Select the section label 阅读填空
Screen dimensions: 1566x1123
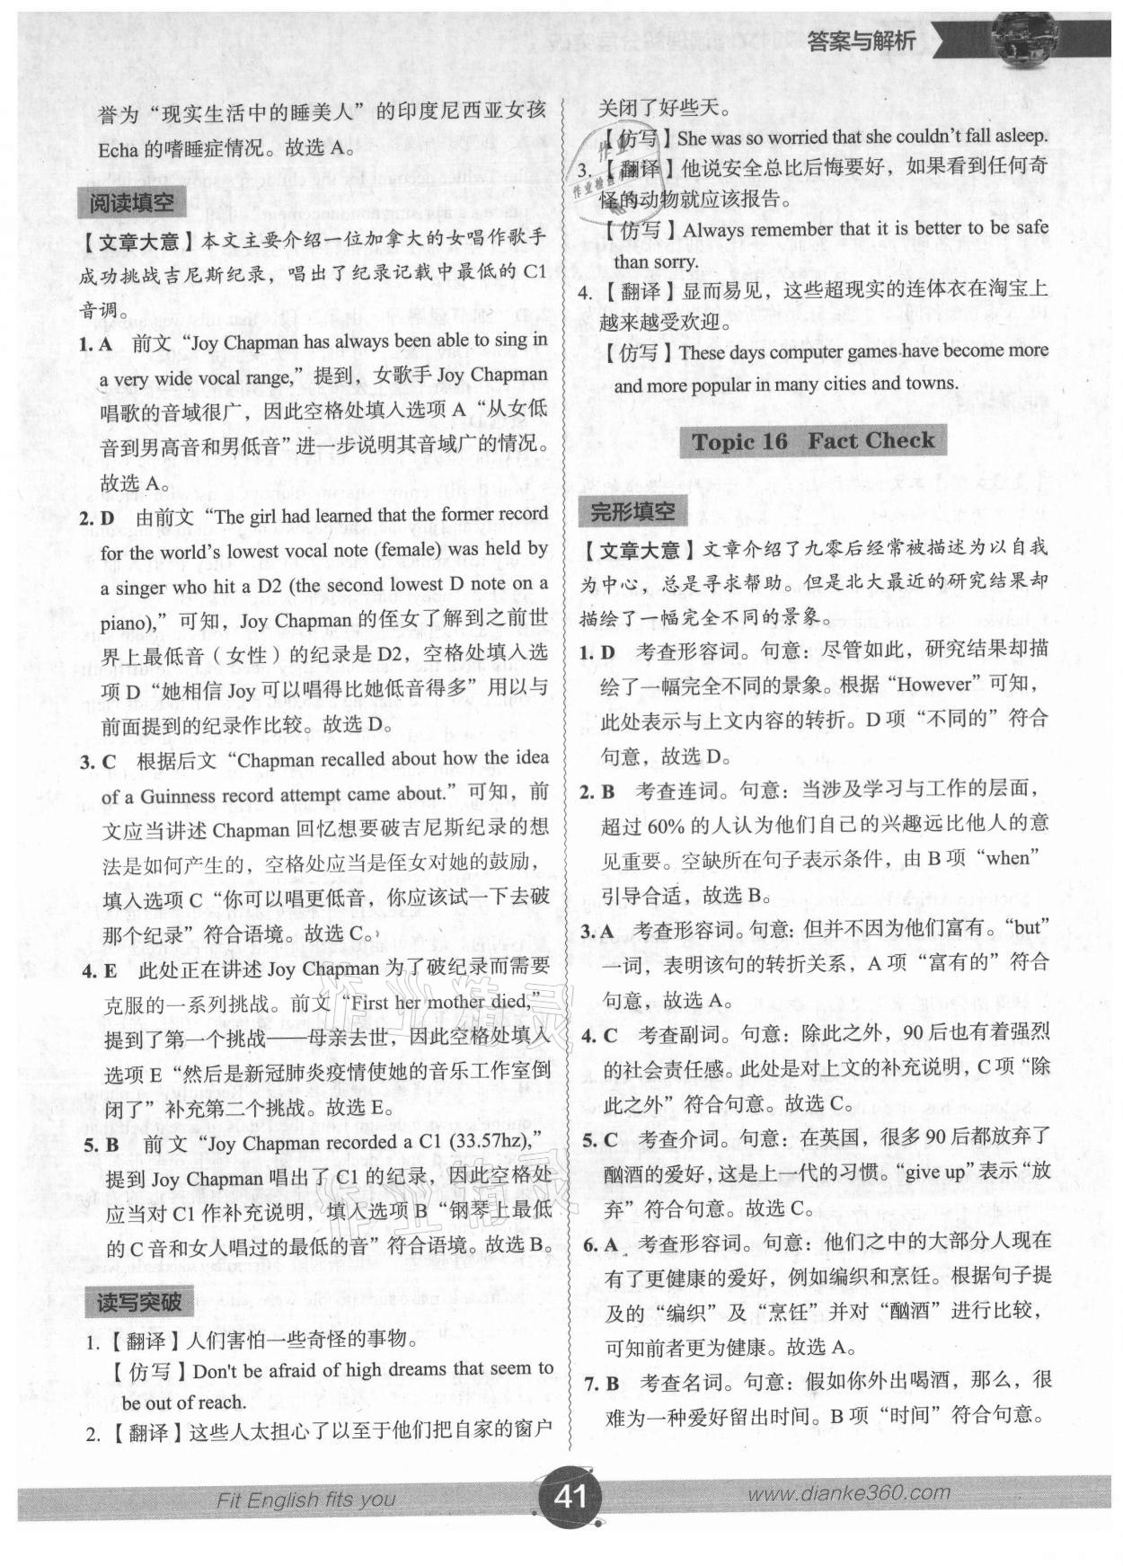[131, 203]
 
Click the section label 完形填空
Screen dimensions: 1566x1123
[632, 511]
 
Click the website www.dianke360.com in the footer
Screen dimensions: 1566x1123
[847, 1493]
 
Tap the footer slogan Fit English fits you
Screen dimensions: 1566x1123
[305, 1500]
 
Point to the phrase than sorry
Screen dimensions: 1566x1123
[656, 262]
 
